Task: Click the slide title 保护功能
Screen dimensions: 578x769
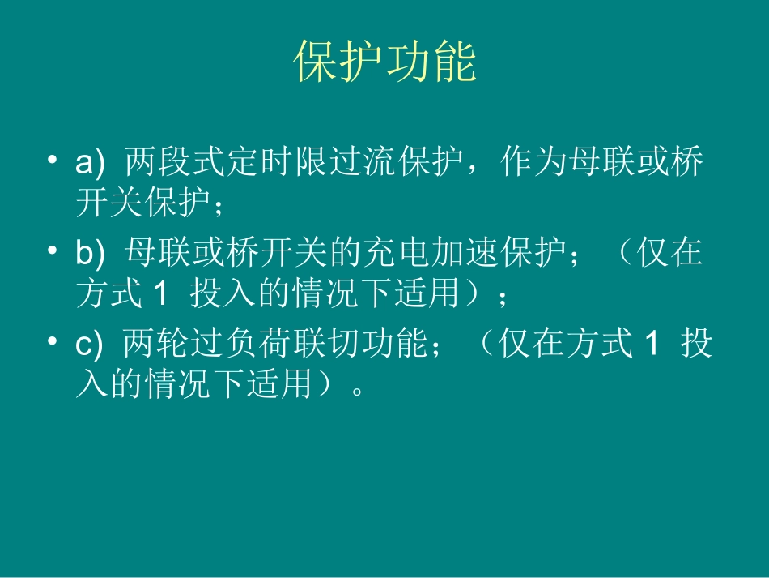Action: [x=384, y=62]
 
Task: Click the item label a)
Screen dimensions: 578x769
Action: [x=90, y=164]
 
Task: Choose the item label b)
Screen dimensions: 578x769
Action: [x=90, y=255]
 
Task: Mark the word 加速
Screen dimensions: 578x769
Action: [x=466, y=255]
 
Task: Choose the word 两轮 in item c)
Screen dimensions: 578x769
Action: [x=157, y=345]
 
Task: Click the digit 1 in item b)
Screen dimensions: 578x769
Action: [x=159, y=293]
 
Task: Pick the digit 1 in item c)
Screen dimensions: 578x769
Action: [x=648, y=345]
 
